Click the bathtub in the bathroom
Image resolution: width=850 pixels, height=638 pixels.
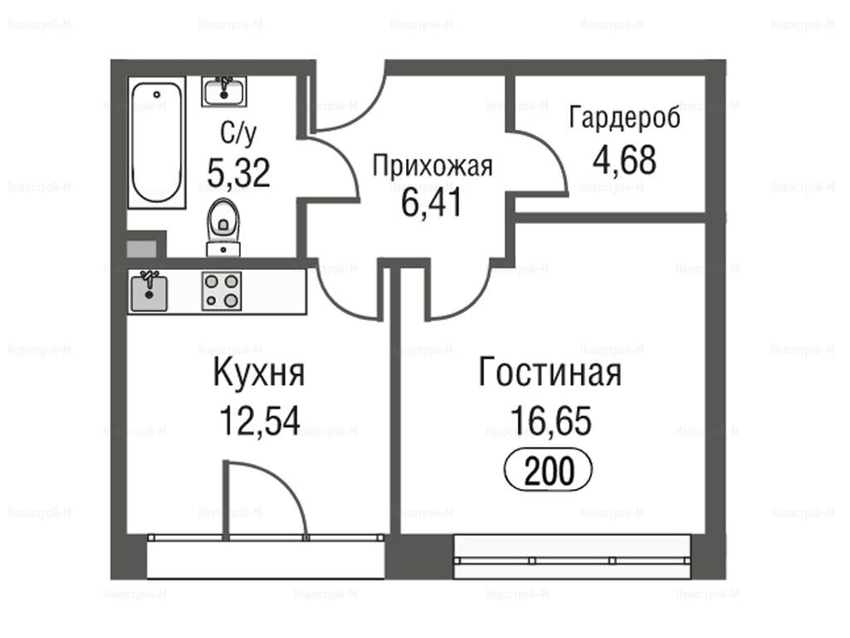click(157, 142)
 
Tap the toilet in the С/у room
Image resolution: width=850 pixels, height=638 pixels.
click(223, 226)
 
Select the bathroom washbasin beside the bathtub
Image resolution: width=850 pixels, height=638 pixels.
click(224, 91)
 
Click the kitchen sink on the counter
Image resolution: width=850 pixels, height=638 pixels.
click(148, 291)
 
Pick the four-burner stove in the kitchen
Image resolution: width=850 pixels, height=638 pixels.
click(222, 291)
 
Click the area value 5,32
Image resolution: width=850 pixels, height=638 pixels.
click(238, 173)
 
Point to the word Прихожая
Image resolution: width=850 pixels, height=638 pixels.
click(432, 166)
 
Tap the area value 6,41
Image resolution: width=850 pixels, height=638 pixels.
click(432, 203)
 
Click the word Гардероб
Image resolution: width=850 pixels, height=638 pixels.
click(624, 117)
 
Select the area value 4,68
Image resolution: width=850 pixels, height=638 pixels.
click(624, 160)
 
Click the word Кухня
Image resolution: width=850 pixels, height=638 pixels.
click(259, 372)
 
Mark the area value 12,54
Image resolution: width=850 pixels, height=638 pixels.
click(260, 421)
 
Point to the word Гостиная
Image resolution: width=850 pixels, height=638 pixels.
click(550, 372)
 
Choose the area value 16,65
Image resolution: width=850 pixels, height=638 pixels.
click(551, 420)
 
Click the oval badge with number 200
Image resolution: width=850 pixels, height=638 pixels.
click(549, 470)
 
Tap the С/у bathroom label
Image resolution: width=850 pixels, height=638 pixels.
click(238, 132)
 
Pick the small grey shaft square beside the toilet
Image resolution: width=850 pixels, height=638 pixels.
click(141, 249)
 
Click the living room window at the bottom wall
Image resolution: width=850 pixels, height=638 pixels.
click(573, 557)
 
